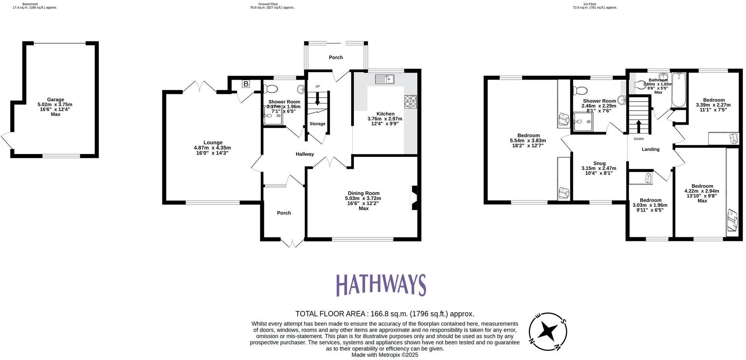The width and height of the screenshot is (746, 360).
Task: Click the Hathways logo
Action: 381,285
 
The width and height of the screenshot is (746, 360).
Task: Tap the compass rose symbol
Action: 548,331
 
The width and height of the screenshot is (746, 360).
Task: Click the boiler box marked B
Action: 246,84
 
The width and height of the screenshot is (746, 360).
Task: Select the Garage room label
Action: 55,100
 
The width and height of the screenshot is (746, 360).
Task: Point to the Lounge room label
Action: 213,143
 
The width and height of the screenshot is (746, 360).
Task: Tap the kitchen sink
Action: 384,79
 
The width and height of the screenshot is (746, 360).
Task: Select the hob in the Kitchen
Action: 410,102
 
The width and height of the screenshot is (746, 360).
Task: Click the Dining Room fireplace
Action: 414,198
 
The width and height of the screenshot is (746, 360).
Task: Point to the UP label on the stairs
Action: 317,86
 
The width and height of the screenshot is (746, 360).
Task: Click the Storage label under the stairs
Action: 317,124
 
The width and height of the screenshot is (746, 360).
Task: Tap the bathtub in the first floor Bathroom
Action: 678,91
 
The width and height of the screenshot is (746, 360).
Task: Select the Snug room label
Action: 599,163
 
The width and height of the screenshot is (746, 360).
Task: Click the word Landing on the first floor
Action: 650,149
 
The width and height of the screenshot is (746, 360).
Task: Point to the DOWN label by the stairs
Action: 638,139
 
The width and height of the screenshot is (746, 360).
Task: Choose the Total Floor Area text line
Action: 385,314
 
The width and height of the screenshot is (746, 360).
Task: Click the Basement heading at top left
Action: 30,4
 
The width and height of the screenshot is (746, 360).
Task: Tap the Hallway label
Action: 305,154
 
